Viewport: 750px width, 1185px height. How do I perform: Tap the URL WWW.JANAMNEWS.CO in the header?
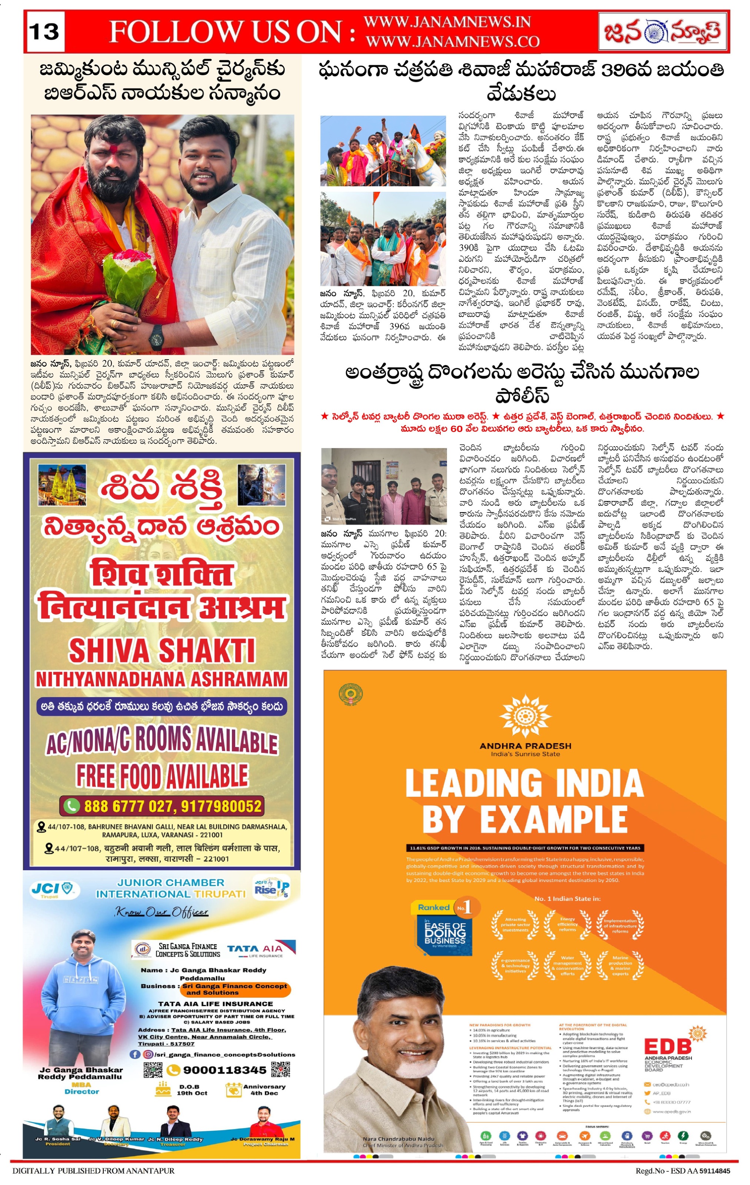pos(452,42)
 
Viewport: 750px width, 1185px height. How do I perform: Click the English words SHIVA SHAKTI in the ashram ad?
pos(162,651)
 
